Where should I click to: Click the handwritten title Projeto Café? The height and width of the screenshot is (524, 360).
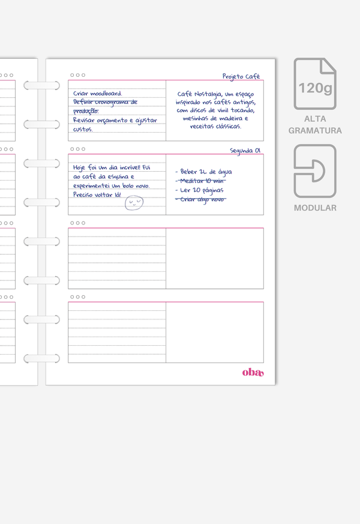tap(241, 77)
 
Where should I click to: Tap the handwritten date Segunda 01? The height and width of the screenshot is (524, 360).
tap(245, 151)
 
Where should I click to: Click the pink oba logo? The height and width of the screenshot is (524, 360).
tap(252, 372)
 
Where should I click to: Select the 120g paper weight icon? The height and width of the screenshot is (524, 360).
tap(315, 84)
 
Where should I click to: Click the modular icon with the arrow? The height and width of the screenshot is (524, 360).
tap(315, 171)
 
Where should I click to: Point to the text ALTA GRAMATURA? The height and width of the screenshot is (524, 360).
tap(315, 125)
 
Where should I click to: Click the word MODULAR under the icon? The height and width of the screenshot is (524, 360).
tap(315, 208)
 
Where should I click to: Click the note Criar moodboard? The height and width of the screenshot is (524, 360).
tap(97, 94)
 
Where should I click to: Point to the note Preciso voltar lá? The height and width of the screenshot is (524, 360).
tap(97, 195)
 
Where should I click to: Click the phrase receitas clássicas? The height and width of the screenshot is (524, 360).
tap(215, 127)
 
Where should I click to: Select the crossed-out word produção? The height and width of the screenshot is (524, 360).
tap(86, 111)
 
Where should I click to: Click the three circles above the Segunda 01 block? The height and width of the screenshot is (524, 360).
tap(77, 149)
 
